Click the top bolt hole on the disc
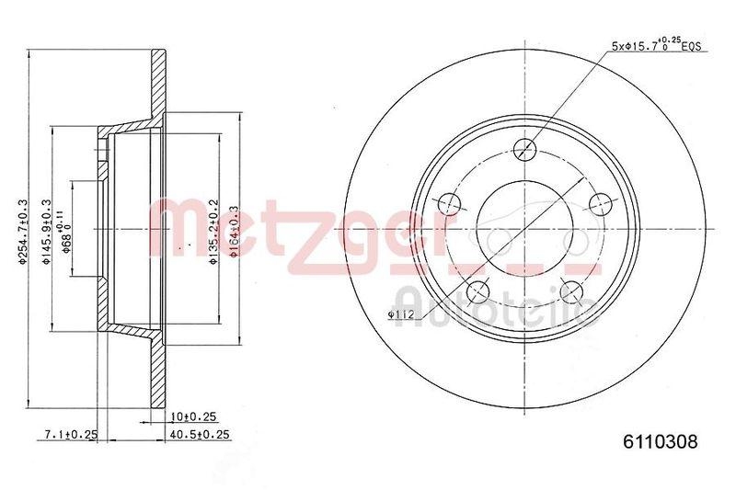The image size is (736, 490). [525, 149]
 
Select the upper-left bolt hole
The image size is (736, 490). [450, 204]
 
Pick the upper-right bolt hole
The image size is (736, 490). [601, 204]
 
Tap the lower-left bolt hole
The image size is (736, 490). [478, 292]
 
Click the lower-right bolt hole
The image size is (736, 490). [572, 292]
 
